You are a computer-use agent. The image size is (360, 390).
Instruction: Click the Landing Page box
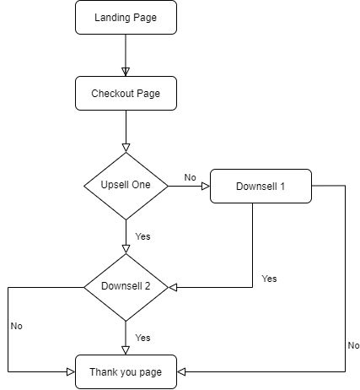[x=126, y=17]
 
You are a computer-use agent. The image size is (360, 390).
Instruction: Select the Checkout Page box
[x=126, y=93]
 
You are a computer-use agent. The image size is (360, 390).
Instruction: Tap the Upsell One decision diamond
[x=126, y=185]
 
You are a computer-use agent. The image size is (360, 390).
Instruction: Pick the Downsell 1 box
[x=261, y=186]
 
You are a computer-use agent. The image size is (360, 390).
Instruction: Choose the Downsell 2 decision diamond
[x=126, y=286]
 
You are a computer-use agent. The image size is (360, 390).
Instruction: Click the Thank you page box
[x=126, y=371]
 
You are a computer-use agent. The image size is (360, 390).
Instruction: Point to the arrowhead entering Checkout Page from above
[x=126, y=71]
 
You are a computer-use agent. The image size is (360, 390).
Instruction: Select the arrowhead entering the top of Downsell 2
[x=126, y=248]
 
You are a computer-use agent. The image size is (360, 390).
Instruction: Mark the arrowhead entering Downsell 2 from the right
[x=173, y=287]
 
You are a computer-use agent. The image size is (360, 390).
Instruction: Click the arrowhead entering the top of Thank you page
[x=126, y=349]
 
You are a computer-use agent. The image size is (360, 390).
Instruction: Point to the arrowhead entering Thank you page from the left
[x=70, y=371]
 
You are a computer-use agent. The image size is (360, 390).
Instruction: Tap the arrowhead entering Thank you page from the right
[x=182, y=371]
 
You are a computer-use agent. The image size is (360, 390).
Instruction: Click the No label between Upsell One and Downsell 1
[x=190, y=178]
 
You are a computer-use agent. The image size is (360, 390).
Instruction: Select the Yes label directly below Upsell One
[x=142, y=236]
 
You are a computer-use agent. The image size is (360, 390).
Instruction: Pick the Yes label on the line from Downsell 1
[x=269, y=278]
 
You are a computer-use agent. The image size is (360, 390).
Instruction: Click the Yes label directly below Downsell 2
[x=142, y=337]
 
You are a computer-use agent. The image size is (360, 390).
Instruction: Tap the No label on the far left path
[x=17, y=325]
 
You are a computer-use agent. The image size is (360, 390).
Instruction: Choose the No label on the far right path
[x=352, y=345]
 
